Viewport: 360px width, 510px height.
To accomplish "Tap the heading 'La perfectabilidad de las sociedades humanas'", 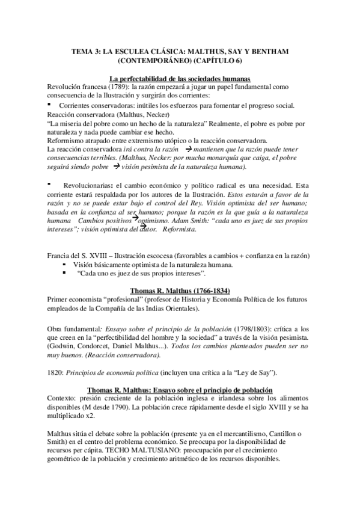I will point(180,79).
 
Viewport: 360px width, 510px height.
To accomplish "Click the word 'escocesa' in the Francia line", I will point(156,256).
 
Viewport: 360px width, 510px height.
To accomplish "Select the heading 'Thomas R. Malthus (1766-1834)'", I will point(180,290).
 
